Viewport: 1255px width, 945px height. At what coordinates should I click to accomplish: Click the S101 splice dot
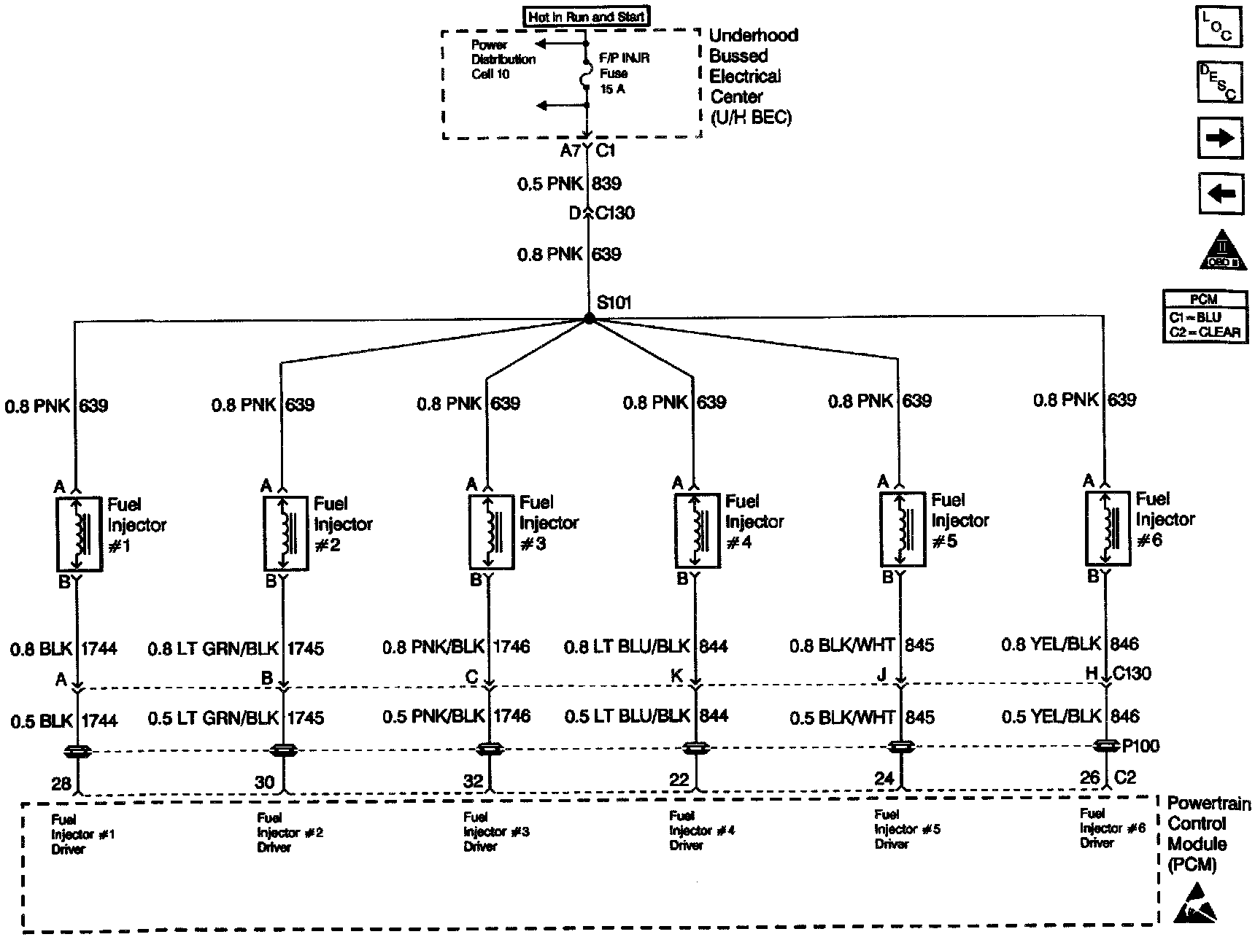(588, 319)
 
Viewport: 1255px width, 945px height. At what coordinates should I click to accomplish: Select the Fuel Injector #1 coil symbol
(79, 534)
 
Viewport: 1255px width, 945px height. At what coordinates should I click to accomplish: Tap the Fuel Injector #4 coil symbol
(696, 530)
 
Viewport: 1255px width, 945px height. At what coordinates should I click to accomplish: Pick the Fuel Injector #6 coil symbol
(1108, 528)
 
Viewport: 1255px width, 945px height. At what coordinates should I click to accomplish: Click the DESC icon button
(1219, 82)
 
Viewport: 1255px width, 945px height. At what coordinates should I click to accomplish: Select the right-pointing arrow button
(1220, 139)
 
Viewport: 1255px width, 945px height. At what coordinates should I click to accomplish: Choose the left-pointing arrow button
(1220, 194)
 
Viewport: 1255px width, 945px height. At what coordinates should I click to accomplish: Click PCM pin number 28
(61, 784)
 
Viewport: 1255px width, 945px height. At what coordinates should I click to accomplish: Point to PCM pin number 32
(474, 781)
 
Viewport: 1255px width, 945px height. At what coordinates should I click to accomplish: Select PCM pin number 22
(679, 779)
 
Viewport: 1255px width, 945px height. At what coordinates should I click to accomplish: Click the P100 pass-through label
(1140, 745)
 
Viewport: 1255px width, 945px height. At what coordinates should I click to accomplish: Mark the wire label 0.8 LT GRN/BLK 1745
(236, 648)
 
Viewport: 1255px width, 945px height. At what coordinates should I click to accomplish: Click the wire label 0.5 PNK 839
(569, 184)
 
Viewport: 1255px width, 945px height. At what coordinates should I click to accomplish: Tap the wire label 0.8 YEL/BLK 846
(1070, 644)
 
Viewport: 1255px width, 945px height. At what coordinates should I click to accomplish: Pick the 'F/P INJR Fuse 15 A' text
(624, 73)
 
